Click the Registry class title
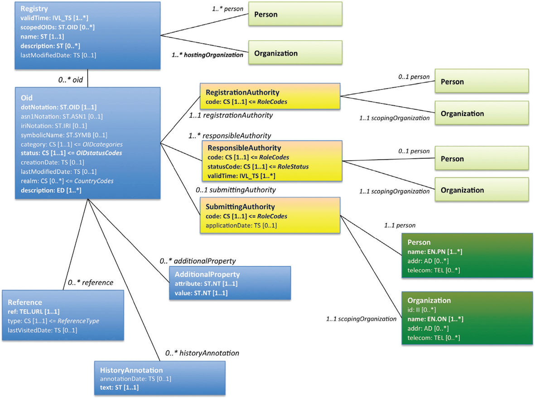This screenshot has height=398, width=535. [34, 9]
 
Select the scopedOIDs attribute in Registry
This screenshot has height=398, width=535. [58, 27]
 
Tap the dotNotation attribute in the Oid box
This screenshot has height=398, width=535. [59, 107]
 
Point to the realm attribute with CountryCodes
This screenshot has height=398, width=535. [67, 181]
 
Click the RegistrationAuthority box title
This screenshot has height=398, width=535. [242, 92]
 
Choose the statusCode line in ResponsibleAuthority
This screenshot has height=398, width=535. [258, 167]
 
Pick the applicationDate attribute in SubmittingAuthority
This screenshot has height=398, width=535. [241, 225]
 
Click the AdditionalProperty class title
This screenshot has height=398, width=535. [207, 274]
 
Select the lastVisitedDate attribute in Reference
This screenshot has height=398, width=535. [42, 330]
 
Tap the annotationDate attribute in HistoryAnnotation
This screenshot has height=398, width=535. [135, 379]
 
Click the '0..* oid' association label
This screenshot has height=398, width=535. [71, 80]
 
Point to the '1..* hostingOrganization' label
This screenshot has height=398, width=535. [207, 55]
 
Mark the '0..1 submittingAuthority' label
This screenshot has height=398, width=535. [236, 190]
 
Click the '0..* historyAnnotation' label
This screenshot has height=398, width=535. [202, 353]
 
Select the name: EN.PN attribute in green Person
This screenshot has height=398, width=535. [435, 252]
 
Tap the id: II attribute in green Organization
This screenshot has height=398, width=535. [421, 310]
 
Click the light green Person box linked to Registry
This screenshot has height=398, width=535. [295, 14]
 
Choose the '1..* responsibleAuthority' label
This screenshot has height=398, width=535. [230, 136]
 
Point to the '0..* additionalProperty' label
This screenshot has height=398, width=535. [198, 261]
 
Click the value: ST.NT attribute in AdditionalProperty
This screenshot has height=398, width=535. [201, 293]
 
